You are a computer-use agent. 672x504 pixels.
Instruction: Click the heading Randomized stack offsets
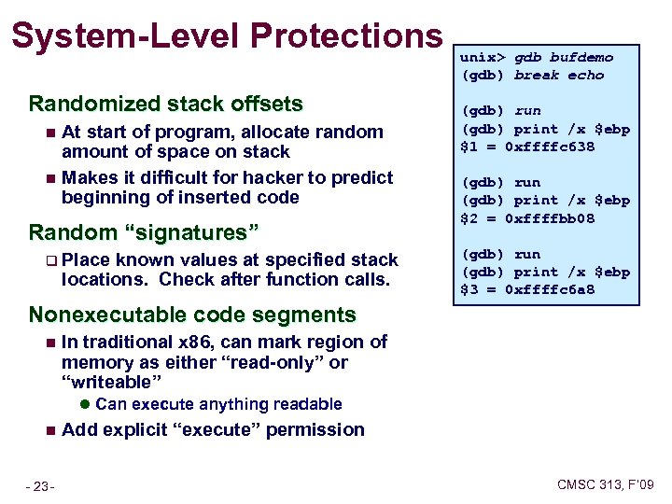(x=166, y=103)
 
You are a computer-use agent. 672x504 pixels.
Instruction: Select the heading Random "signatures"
(x=144, y=231)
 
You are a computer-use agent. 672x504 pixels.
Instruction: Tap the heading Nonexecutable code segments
(x=192, y=315)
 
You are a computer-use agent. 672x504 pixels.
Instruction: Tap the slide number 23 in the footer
(x=40, y=485)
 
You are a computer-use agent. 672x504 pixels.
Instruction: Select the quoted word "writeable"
(x=111, y=382)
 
